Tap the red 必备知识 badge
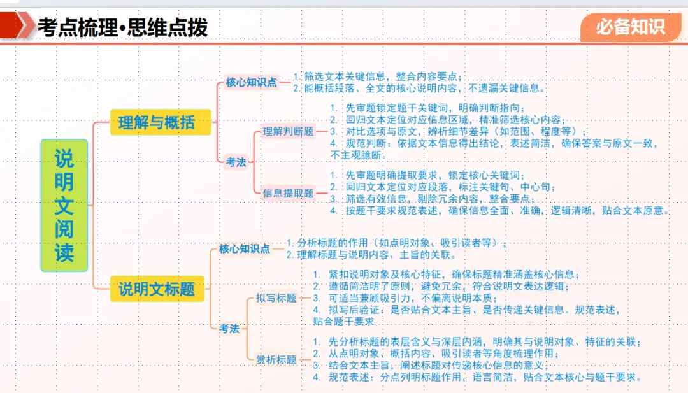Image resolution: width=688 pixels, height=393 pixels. [x=630, y=27]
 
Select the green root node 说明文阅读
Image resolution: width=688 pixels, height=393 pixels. [x=64, y=205]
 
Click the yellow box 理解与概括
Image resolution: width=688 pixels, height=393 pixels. [x=160, y=122]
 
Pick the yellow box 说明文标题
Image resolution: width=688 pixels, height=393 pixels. [x=156, y=289]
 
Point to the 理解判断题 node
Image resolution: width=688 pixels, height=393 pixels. [x=289, y=132]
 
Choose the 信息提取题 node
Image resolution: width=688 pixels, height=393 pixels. [x=289, y=192]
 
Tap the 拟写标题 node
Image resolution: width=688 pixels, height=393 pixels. [x=276, y=297]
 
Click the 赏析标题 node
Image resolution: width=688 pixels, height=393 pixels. [x=276, y=359]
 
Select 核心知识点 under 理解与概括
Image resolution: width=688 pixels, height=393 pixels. [x=252, y=82]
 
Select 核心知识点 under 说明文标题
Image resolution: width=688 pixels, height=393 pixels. [x=245, y=248]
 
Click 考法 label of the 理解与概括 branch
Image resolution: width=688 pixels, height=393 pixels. [x=236, y=162]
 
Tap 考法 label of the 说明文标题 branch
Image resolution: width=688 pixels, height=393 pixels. [x=229, y=328]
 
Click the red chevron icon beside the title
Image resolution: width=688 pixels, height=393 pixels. [x=23, y=27]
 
